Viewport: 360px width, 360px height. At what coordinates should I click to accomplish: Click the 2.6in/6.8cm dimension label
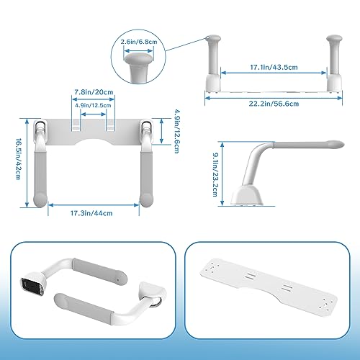[x=139, y=42]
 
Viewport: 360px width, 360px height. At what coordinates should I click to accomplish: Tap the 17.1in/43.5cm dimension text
[x=274, y=67]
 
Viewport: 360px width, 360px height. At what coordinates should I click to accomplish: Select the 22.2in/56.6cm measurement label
[x=274, y=104]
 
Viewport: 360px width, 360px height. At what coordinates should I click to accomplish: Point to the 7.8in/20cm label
[x=94, y=92]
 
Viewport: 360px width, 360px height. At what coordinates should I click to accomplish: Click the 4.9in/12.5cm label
[x=93, y=105]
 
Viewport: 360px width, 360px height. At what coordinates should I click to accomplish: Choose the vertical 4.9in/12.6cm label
[x=177, y=131]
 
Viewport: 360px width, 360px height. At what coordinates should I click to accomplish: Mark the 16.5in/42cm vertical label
[x=18, y=158]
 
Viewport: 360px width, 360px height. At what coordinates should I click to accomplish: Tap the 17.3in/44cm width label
[x=91, y=213]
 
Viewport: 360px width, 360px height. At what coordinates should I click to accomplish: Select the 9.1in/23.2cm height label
[x=215, y=174]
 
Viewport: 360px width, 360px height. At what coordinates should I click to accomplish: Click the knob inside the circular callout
[x=139, y=66]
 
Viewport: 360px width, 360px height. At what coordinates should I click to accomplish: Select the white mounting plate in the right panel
[x=269, y=287]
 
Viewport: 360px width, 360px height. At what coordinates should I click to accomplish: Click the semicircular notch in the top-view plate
[x=94, y=142]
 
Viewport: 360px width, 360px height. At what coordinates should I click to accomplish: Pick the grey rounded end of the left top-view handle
[x=40, y=200]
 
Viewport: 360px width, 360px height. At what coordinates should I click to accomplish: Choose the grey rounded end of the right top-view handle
[x=146, y=200]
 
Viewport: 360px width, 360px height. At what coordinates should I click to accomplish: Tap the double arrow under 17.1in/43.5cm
[x=274, y=73]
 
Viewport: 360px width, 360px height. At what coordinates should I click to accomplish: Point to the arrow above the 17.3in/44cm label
[x=94, y=205]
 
